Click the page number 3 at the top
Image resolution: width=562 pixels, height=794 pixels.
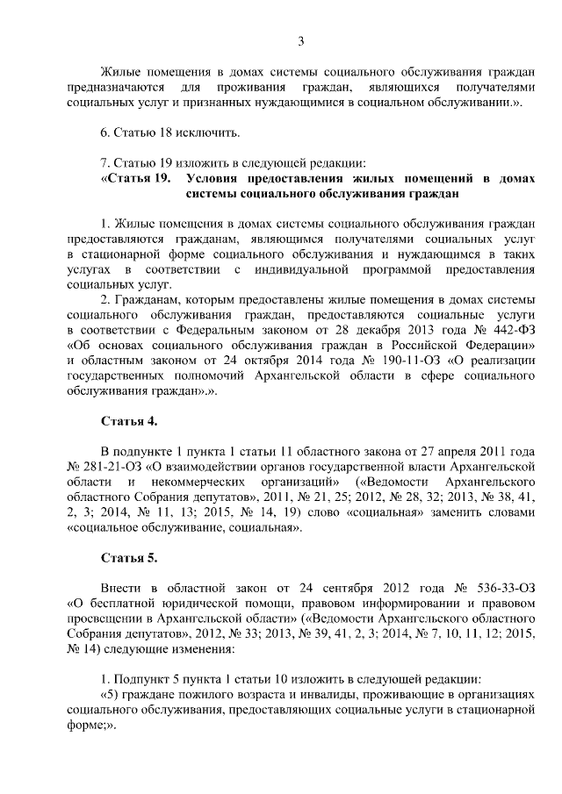[x=300, y=41]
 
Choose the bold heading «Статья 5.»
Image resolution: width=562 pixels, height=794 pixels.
[x=129, y=557]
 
